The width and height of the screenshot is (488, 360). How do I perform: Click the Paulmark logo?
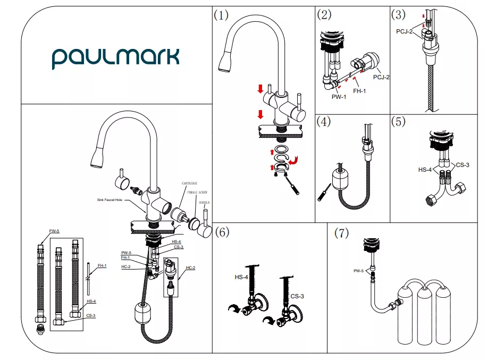pyautogui.click(x=115, y=57)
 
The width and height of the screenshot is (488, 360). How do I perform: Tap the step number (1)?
pyautogui.click(x=221, y=15)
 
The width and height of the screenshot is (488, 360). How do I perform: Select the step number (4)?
pyautogui.click(x=324, y=122)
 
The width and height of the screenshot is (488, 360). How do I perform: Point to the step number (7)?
pyautogui.click(x=342, y=233)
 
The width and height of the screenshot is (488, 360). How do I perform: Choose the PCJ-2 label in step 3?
pyautogui.click(x=403, y=32)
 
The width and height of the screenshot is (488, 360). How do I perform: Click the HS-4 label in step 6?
pyautogui.click(x=241, y=277)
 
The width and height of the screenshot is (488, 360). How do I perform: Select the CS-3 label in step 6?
pyautogui.click(x=298, y=296)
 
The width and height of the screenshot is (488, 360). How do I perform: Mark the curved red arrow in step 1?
pyautogui.click(x=293, y=158)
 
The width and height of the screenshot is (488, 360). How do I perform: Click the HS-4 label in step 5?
pyautogui.click(x=424, y=170)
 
